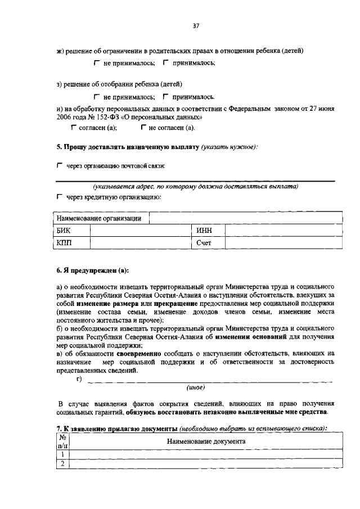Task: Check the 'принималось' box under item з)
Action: tap(165, 97)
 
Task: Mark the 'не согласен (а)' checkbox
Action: tap(143, 128)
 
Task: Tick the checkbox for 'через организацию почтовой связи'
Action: tap(60, 166)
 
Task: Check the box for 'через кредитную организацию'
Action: tap(60, 197)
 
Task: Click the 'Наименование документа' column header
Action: tap(206, 442)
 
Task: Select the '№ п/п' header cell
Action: tap(63, 442)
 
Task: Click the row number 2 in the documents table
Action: tap(63, 463)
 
